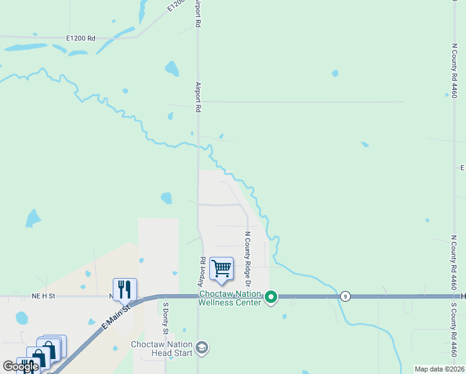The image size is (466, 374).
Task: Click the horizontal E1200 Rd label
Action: point(80,39)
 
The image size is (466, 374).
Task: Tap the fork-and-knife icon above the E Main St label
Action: point(125,289)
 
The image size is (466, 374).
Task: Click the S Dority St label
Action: point(166,318)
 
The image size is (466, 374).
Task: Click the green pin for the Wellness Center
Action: point(271,297)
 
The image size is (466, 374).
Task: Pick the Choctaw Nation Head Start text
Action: point(162,348)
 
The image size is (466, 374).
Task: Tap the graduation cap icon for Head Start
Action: point(202,347)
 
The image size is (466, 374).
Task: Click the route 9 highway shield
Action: point(345,297)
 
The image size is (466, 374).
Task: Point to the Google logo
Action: point(21,367)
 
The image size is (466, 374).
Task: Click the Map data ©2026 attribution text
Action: point(439,369)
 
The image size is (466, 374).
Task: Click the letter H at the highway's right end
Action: point(463,296)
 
